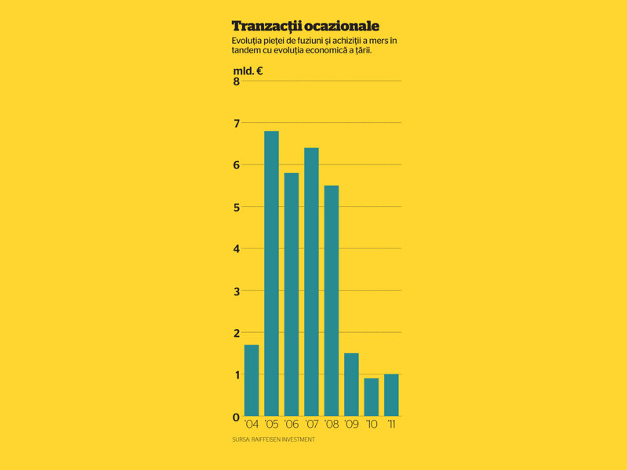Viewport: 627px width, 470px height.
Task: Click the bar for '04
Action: coord(251,381)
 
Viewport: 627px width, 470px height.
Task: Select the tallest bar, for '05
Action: coord(271,273)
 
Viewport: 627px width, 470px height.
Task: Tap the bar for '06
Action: coord(292,295)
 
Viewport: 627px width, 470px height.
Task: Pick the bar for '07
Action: coord(311,282)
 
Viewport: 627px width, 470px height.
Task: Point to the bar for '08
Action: coord(332,301)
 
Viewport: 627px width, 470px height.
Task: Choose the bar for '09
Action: coord(351,385)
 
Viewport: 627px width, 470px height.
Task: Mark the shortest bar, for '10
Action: coord(371,397)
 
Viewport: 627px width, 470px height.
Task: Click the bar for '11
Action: coord(391,396)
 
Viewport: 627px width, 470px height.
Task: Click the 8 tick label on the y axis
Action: coord(237,81)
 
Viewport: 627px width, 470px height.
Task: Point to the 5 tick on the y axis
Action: coord(237,208)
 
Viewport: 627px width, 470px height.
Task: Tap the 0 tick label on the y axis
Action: coord(236,418)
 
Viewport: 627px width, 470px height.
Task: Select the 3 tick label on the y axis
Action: coord(237,291)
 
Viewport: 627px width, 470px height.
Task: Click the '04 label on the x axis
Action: coord(252,424)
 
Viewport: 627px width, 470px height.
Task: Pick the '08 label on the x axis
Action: coord(332,424)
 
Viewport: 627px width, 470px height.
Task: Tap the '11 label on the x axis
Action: coord(391,424)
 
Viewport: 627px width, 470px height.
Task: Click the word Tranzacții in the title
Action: coord(266,26)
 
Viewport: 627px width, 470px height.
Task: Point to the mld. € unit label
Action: coord(248,71)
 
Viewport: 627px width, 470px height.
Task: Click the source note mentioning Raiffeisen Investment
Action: coord(274,439)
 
